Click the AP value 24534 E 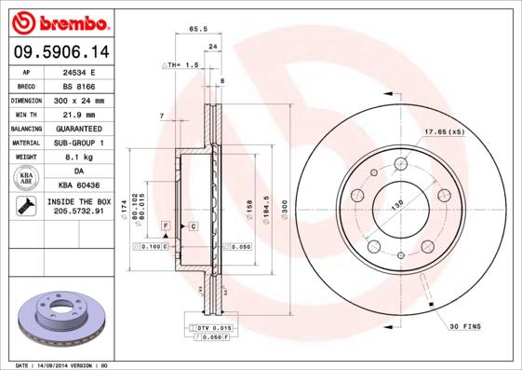tap(78, 71)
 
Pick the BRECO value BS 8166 tap(78, 85)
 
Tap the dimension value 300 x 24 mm tap(78, 100)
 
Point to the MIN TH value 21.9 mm tap(78, 114)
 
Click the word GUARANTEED tap(78, 128)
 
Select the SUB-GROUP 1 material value tap(78, 143)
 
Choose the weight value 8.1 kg tap(78, 158)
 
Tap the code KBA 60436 tap(78, 186)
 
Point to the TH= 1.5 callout tap(182, 65)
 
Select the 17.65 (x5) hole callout tap(444, 131)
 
